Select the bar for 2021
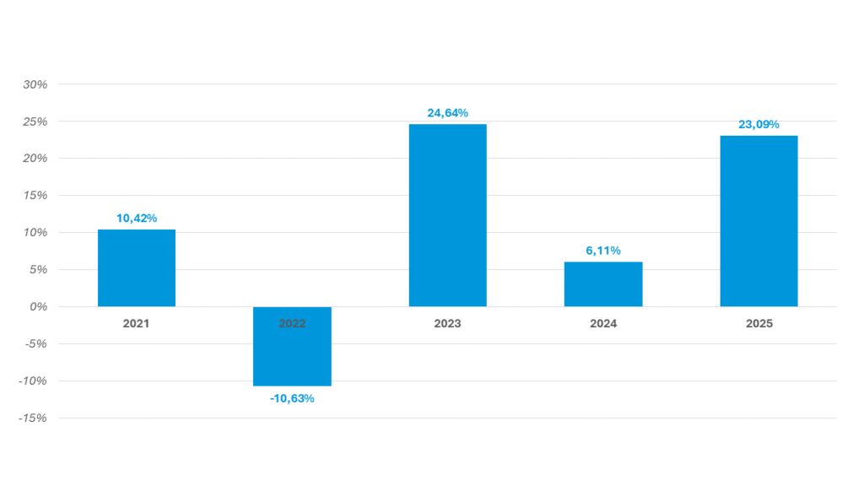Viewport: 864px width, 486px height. [137, 267]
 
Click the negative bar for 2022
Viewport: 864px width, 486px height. [292, 346]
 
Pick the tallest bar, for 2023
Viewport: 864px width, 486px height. [447, 215]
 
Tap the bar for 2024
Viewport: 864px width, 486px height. [603, 284]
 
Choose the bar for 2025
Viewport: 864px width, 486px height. [759, 221]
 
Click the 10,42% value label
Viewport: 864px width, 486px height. [137, 219]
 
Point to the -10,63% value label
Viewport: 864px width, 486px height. [292, 398]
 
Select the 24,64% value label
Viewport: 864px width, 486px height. [447, 113]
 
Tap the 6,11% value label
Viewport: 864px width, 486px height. [603, 251]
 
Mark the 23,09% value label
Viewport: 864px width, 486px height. [759, 125]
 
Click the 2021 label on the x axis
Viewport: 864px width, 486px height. [136, 323]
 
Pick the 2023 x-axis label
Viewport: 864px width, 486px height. [447, 323]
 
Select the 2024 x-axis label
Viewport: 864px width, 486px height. [603, 323]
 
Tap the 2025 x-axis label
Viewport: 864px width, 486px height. [759, 323]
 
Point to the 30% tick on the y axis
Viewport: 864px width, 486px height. [35, 84]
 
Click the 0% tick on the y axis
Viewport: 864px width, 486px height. [39, 307]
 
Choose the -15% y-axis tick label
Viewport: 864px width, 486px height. [33, 418]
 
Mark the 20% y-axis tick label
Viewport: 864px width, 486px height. [35, 159]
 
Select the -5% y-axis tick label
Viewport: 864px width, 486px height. [35, 344]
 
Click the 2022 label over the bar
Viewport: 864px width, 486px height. [292, 323]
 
